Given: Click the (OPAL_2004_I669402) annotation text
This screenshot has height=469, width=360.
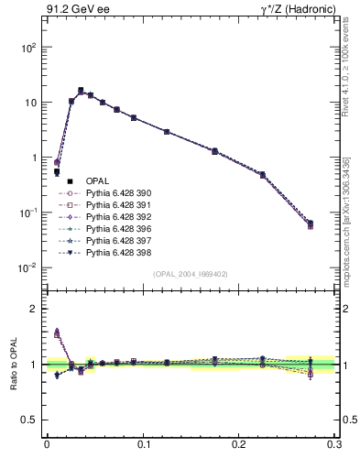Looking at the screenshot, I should click(191, 273).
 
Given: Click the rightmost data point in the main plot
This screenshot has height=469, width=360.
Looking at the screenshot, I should click(310, 224).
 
